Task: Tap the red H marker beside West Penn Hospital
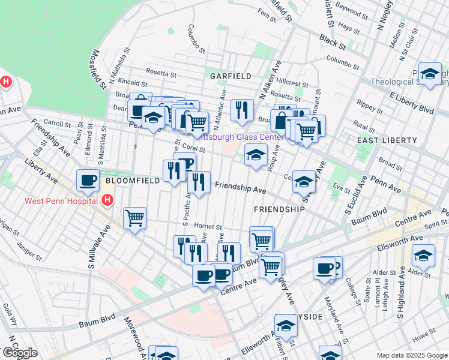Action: (x=107, y=200)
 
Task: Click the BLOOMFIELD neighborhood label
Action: (x=133, y=180)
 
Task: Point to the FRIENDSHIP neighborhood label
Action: (x=279, y=209)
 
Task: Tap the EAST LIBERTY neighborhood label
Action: (x=387, y=140)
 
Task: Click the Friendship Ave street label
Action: (x=240, y=188)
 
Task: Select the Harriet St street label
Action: (x=208, y=226)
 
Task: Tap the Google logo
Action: (x=20, y=353)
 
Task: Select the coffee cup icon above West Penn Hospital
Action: (x=88, y=180)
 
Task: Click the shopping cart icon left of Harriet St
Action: (x=134, y=218)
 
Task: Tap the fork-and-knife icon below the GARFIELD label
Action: (x=242, y=110)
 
